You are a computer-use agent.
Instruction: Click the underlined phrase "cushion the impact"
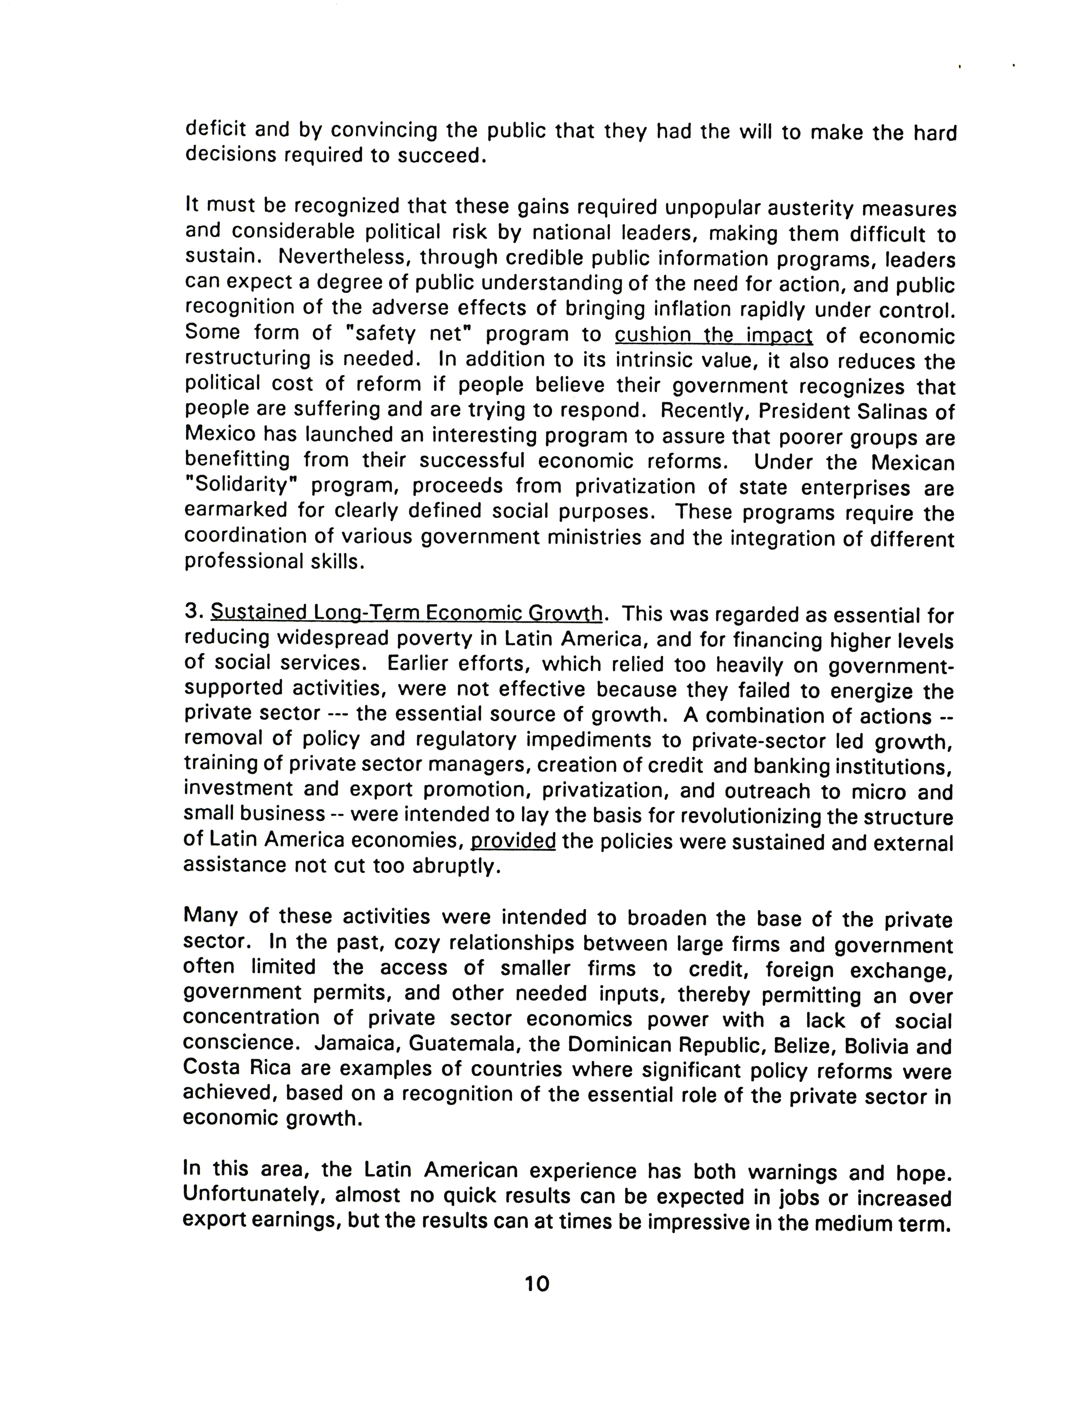tap(713, 336)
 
